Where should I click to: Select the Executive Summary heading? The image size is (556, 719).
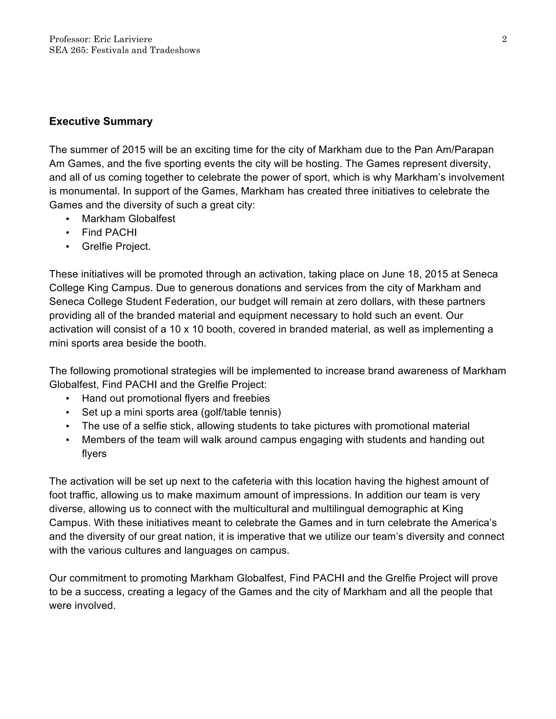[101, 122]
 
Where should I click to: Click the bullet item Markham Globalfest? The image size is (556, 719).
[128, 219]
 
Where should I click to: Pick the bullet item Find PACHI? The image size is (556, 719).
[109, 233]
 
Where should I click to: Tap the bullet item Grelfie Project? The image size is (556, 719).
[116, 247]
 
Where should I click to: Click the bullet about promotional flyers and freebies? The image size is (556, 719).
[176, 399]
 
